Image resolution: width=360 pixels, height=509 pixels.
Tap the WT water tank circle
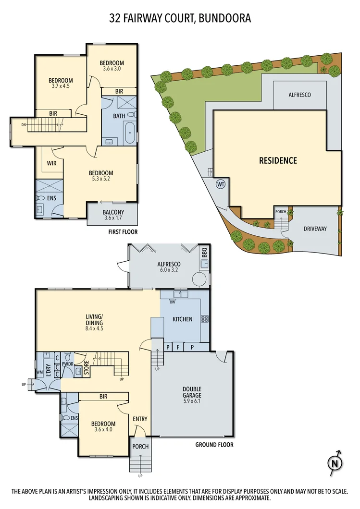(221, 184)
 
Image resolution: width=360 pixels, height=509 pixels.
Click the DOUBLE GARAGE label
(191, 392)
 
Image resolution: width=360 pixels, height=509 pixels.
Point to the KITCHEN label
(182, 319)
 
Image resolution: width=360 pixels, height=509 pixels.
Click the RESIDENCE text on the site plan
(278, 160)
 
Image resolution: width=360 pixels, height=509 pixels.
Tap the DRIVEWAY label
(315, 229)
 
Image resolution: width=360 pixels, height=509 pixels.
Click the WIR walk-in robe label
(52, 163)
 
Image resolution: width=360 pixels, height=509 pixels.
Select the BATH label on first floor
(119, 116)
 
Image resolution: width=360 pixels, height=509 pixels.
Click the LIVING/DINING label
(95, 319)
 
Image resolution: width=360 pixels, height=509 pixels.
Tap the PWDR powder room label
(67, 364)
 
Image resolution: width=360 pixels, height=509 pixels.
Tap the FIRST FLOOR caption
(123, 232)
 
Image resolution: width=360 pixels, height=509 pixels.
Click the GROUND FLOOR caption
(214, 445)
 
